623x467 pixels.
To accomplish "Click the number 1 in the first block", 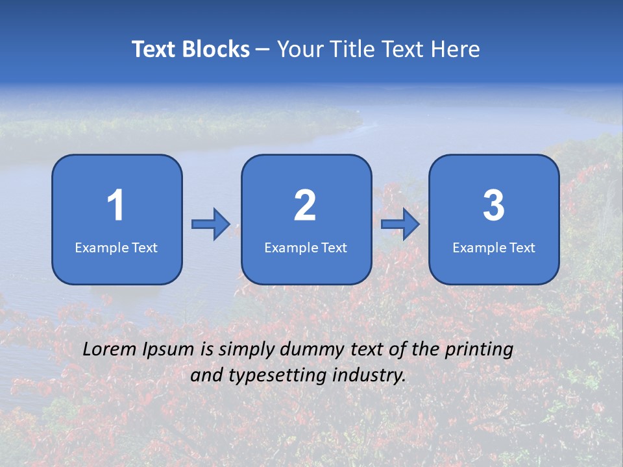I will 116,206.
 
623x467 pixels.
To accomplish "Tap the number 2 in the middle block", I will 305,206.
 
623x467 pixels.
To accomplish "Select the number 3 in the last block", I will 494,206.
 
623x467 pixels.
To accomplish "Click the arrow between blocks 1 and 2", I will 211,224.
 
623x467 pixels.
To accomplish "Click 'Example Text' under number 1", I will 116,248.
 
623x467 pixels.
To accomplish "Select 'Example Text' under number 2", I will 306,248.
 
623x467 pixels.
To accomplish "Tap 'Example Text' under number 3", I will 494,248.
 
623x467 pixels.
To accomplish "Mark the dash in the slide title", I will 263,50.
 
